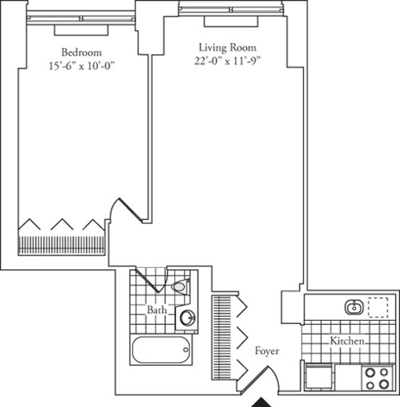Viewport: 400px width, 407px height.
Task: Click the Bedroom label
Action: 81,52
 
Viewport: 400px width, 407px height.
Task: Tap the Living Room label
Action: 227,47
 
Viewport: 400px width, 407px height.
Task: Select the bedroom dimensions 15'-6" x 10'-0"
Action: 81,65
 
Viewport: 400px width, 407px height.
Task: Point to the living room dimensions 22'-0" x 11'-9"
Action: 227,60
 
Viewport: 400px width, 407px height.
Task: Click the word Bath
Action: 157,309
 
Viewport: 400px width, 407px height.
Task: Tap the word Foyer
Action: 267,350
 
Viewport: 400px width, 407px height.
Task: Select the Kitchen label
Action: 347,340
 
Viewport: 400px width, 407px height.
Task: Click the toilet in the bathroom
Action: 181,286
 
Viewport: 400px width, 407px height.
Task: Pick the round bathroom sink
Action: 187,317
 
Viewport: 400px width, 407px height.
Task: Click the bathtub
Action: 161,349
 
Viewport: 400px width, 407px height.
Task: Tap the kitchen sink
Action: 354,307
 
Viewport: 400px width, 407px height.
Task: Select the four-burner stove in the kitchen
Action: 377,378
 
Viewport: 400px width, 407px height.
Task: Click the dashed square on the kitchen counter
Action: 378,307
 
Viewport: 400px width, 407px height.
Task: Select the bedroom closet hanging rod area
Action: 61,245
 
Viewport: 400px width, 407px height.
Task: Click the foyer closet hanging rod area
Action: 221,337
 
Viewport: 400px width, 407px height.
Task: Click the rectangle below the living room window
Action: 231,21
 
